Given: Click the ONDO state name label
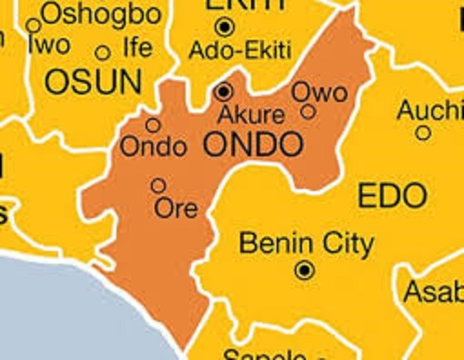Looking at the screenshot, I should [x=252, y=144].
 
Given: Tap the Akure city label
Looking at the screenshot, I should [x=252, y=115].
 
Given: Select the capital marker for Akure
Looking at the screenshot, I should [x=224, y=91].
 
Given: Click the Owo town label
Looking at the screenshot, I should [x=318, y=92].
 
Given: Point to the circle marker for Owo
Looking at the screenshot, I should [x=308, y=112].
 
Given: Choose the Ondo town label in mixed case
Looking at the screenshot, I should [x=154, y=146].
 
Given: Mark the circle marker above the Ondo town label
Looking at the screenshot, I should [x=153, y=125].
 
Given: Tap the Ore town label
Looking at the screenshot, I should [x=177, y=207].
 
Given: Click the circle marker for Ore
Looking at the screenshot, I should [x=158, y=185].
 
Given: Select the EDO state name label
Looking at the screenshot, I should [x=391, y=195].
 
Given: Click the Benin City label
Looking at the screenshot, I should [x=305, y=244].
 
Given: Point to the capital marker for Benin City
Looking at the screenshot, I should [x=305, y=270].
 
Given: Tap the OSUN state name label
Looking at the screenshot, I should [x=94, y=83].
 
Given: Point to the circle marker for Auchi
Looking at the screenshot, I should [x=423, y=133].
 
